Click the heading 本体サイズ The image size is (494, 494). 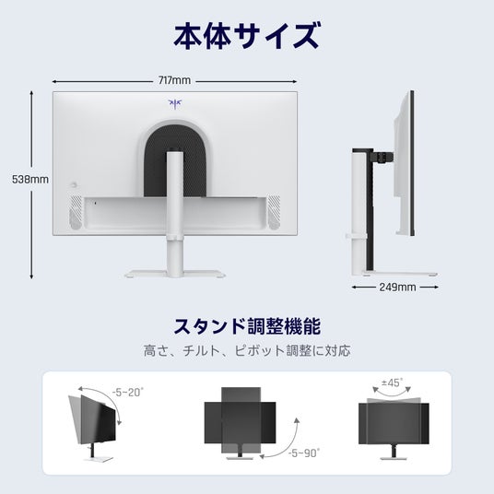[x=247, y=36]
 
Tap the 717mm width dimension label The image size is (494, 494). [x=174, y=81]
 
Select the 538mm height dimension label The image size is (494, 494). [x=30, y=180]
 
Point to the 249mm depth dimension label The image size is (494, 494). [x=397, y=287]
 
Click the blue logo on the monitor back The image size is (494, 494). [x=175, y=103]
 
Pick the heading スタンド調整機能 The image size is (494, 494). [x=247, y=326]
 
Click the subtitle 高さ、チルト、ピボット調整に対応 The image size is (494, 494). [x=247, y=350]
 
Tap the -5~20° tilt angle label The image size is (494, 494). [x=127, y=393]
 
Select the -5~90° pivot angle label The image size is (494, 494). [x=304, y=453]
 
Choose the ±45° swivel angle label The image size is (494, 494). [x=392, y=382]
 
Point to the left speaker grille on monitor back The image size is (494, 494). [x=76, y=212]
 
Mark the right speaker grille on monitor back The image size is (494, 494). [x=274, y=212]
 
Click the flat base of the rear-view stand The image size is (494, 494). [x=175, y=274]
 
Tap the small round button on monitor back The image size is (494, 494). [x=74, y=184]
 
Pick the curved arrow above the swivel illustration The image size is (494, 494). [x=392, y=394]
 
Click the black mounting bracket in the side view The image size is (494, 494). [x=382, y=157]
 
